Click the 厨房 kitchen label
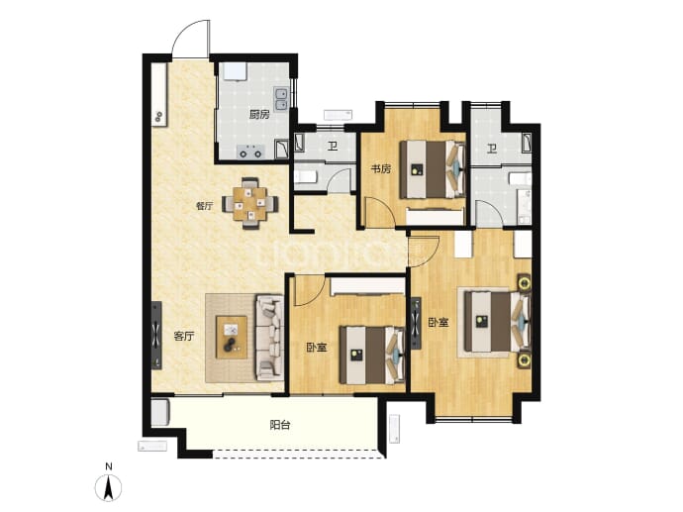[259, 115]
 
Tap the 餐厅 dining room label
[205, 206]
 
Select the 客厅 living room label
[184, 337]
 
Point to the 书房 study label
[380, 168]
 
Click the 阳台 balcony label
[280, 425]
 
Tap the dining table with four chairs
[250, 203]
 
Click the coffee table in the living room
[232, 338]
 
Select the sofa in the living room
[270, 338]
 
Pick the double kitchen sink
[280, 99]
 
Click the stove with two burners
[250, 152]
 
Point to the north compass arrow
[109, 487]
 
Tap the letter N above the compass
[109, 466]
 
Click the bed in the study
[433, 169]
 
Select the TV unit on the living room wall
[156, 336]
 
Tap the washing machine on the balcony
[159, 412]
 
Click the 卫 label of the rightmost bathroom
[492, 150]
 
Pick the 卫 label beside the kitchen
[333, 146]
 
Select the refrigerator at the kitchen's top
[236, 72]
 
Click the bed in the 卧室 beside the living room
[372, 356]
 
